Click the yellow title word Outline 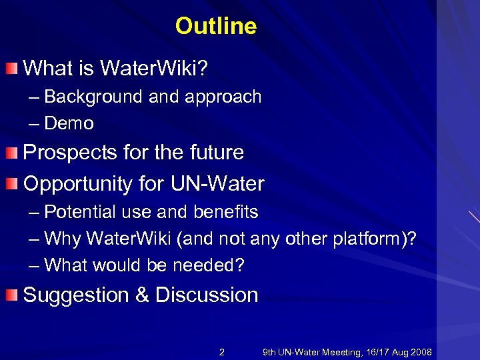click(215, 26)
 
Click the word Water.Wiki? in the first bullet click(155, 67)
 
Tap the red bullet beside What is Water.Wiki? click(13, 67)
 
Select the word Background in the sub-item click(93, 97)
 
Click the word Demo click(69, 123)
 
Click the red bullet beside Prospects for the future click(13, 153)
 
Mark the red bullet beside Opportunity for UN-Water click(13, 183)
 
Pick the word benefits click(225, 212)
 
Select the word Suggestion click(76, 295)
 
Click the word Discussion click(207, 295)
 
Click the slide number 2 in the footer click(222, 352)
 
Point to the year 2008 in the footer click(421, 352)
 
